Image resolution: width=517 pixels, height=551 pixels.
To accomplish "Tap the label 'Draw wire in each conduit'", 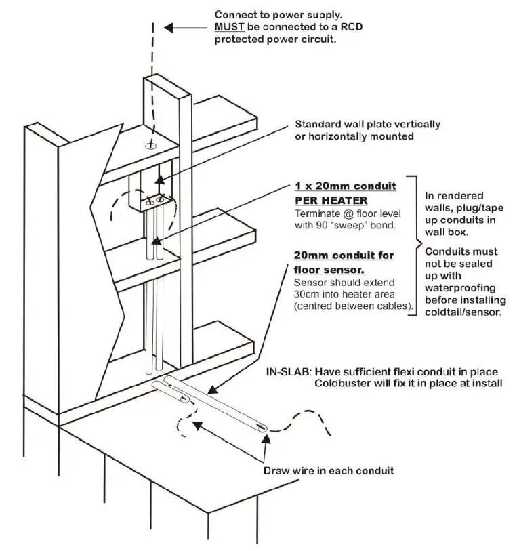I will point(328,470).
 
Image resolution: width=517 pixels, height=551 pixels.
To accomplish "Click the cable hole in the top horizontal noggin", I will point(150,145).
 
